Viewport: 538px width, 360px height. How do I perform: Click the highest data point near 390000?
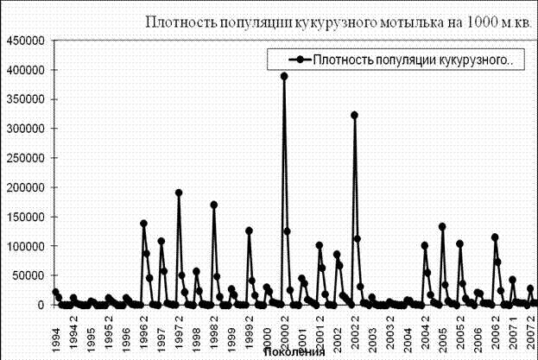[x=284, y=76]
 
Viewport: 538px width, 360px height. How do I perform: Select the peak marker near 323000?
[x=354, y=115]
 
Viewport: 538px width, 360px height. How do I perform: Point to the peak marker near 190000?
[x=179, y=193]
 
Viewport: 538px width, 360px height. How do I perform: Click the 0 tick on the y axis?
[x=40, y=305]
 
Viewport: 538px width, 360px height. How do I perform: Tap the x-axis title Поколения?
[x=294, y=352]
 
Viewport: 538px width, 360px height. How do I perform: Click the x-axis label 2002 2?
[x=355, y=330]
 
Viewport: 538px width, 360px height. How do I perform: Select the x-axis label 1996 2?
[x=143, y=330]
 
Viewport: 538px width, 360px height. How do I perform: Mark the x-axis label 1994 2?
[x=73, y=330]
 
